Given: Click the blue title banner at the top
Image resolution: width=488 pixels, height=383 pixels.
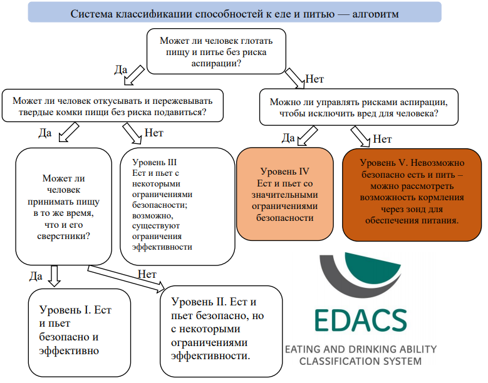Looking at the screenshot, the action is click(x=235, y=12).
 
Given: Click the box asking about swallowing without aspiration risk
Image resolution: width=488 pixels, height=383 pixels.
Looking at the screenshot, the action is click(x=216, y=51).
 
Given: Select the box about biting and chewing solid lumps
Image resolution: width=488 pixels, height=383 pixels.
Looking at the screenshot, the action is click(x=113, y=106).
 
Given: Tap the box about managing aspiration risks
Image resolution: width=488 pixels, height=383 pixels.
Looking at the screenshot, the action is click(x=359, y=107).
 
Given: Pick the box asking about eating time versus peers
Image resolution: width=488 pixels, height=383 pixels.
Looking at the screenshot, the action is click(x=63, y=207).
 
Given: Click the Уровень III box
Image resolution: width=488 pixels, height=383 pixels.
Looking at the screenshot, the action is click(x=177, y=207).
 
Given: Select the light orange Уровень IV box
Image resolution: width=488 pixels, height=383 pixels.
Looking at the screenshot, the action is click(x=285, y=194).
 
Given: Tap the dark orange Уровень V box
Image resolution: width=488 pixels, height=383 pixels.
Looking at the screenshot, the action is click(x=412, y=195).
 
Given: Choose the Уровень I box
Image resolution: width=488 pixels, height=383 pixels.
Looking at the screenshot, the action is click(x=80, y=333).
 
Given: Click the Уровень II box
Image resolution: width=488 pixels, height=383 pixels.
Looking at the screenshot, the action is click(x=221, y=332).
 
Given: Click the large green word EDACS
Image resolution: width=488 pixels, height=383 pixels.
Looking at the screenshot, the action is click(x=361, y=320).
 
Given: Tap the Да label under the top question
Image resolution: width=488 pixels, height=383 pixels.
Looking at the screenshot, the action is click(x=121, y=69).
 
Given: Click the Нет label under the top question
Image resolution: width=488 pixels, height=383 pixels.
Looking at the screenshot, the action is click(x=314, y=79).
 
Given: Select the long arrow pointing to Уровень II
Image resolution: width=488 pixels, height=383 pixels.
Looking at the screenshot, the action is click(x=126, y=279).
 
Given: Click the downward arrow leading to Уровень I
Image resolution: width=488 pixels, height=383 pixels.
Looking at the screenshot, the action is click(x=55, y=276).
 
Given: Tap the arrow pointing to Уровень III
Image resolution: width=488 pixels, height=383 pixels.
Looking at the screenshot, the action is click(x=132, y=133).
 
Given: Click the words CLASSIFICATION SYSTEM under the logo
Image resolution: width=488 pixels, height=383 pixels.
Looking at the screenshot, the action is click(x=360, y=361).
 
